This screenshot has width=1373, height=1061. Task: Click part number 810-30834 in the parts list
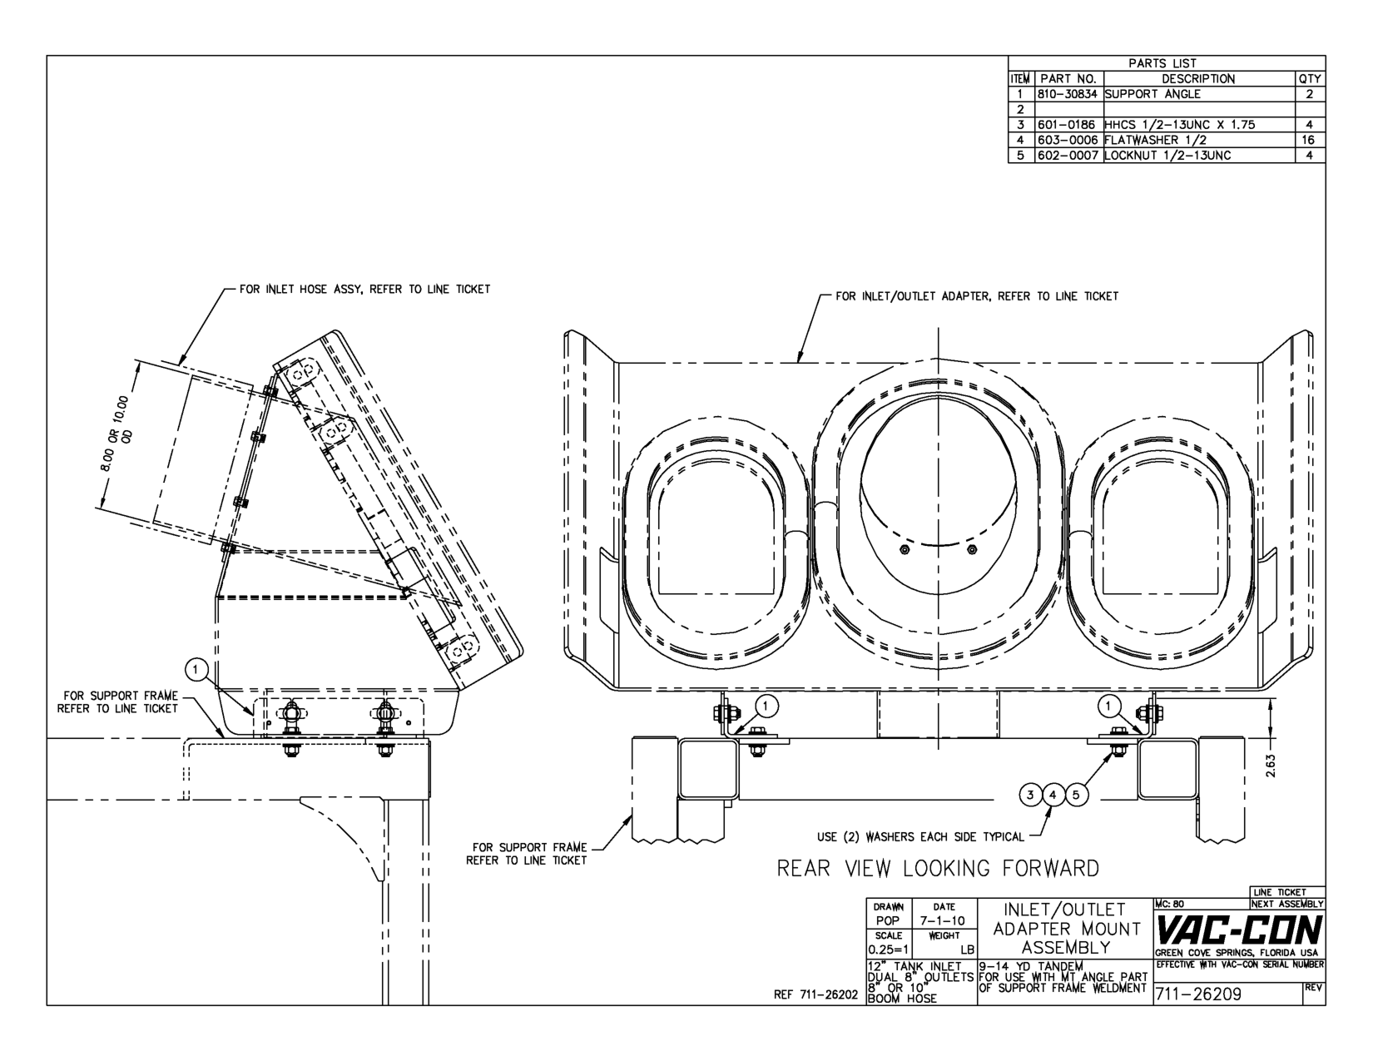pyautogui.click(x=1069, y=94)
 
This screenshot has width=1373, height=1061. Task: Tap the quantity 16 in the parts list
pyautogui.click(x=1309, y=141)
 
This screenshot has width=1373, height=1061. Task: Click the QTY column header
pyautogui.click(x=1310, y=79)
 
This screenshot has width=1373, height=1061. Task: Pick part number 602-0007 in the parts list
pyautogui.click(x=1069, y=156)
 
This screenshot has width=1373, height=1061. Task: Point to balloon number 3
pyautogui.click(x=1030, y=795)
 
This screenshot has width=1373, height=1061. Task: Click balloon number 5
pyautogui.click(x=1078, y=795)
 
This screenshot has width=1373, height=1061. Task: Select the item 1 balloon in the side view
pyautogui.click(x=196, y=669)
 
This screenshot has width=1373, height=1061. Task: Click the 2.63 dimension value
pyautogui.click(x=1271, y=766)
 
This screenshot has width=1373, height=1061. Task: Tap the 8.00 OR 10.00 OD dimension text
pyautogui.click(x=119, y=434)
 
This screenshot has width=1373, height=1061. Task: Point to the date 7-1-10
pyautogui.click(x=944, y=920)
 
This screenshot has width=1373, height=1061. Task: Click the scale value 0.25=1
pyautogui.click(x=889, y=949)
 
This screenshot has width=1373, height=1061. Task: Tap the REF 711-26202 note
pyautogui.click(x=815, y=994)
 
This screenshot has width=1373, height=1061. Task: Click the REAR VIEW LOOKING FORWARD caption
pyautogui.click(x=938, y=869)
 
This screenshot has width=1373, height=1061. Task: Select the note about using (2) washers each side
pyautogui.click(x=920, y=837)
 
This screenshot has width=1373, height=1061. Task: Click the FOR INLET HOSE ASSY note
pyautogui.click(x=364, y=290)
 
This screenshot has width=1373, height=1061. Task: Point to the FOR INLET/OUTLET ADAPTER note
pyautogui.click(x=977, y=296)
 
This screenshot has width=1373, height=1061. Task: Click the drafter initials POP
pyautogui.click(x=888, y=920)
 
